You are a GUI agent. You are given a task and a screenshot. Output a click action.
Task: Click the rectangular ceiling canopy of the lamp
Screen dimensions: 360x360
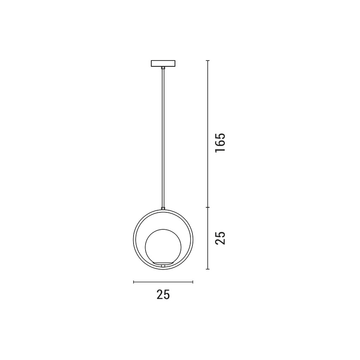(163, 63)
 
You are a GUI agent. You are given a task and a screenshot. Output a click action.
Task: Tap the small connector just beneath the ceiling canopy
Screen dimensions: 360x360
(163, 68)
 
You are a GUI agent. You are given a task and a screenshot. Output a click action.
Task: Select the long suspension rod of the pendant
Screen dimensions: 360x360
(163, 137)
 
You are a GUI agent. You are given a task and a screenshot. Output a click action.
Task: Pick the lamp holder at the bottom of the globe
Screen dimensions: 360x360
(163, 264)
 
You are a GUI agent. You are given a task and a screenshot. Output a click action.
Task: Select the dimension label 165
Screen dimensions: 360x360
(220, 143)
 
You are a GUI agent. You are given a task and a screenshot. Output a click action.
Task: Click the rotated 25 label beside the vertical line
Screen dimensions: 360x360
(220, 238)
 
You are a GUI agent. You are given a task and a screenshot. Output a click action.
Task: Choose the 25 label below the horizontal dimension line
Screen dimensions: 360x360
(163, 294)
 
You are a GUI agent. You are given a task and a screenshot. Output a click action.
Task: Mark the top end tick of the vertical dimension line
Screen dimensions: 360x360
(208, 61)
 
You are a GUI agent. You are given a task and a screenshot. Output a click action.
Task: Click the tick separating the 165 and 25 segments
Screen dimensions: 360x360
(208, 207)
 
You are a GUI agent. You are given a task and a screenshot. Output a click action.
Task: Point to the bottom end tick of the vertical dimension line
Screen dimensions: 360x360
(208, 269)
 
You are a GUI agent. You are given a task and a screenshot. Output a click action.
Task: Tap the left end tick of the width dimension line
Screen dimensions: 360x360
(133, 282)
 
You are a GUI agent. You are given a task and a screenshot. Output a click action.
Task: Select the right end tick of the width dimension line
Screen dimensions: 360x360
(193, 282)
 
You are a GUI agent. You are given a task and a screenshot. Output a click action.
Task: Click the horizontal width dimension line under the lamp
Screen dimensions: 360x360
(163, 282)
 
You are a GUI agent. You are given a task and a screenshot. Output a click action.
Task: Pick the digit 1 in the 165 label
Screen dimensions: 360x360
(220, 150)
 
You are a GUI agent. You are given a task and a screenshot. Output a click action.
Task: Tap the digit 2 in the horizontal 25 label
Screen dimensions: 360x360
(160, 294)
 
